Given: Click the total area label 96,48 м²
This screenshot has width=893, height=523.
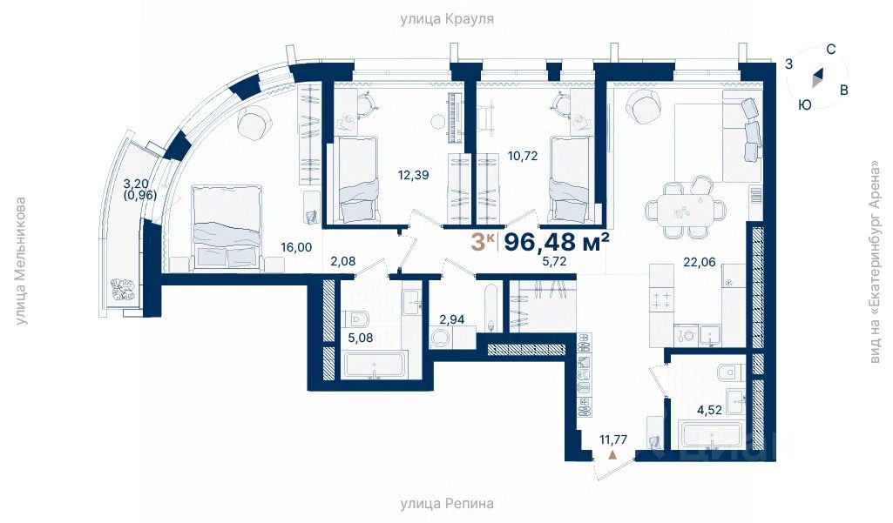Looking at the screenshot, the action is click(x=558, y=242).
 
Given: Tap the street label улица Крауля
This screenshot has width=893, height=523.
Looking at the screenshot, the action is click(x=446, y=19).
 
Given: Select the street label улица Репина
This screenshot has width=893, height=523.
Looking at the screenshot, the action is click(x=446, y=503).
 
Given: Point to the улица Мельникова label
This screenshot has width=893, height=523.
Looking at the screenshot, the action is click(x=21, y=261).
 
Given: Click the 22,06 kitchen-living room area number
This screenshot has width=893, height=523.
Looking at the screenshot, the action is click(x=700, y=262).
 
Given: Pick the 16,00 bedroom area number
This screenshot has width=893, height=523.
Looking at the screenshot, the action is click(x=296, y=247).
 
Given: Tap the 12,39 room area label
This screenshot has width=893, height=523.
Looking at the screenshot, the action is click(x=414, y=175).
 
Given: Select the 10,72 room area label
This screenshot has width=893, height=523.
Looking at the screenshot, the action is click(x=523, y=156).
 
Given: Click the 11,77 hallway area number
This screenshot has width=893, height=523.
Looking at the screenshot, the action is click(x=612, y=439).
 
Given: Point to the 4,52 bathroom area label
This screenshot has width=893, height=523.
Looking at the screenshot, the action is click(x=710, y=411).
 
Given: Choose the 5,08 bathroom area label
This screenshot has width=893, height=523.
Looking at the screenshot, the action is click(x=361, y=338).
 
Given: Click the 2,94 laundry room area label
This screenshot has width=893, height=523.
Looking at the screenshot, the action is click(x=452, y=319).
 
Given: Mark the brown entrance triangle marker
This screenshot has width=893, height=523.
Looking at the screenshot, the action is click(x=612, y=454).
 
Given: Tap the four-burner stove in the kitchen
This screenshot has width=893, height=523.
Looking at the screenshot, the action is click(x=661, y=299).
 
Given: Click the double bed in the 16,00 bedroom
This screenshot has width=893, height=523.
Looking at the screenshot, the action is click(x=227, y=226).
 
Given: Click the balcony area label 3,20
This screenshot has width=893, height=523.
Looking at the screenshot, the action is click(x=136, y=184).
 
